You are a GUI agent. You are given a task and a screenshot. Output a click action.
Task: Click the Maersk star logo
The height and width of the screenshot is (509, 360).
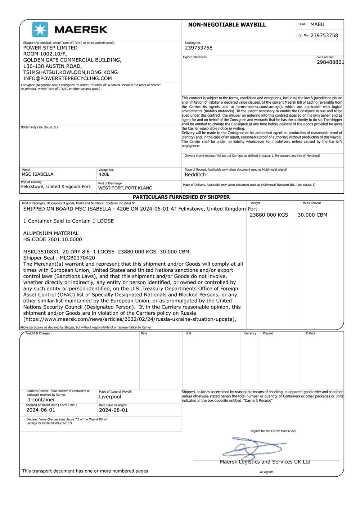tap(40, 30)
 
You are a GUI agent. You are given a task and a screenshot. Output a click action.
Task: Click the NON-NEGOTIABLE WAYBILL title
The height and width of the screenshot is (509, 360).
tap(227, 25)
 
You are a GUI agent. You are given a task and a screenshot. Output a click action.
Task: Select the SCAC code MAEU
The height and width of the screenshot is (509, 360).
tap(317, 24)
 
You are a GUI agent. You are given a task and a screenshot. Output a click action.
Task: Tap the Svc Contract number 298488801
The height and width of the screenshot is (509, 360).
tap(330, 62)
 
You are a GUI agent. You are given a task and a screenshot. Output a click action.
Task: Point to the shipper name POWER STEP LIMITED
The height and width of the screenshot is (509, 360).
tap(50, 48)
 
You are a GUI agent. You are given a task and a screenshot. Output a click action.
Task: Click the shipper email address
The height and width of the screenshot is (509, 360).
tap(67, 78)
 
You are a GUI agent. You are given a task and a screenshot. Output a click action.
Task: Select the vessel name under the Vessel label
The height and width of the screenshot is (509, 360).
tap(37, 174)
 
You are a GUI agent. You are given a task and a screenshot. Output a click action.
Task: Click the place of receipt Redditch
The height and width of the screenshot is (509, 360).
tap(195, 175)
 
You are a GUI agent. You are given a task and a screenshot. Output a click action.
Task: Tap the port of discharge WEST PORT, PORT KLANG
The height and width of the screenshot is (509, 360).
tap(125, 188)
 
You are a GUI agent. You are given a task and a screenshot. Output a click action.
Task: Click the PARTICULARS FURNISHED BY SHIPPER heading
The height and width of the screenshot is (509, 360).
tap(181, 197)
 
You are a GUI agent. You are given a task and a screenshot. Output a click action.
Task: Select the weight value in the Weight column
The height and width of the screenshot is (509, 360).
tap(269, 215)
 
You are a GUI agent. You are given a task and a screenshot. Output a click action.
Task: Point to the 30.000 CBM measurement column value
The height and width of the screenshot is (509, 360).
tap(312, 215)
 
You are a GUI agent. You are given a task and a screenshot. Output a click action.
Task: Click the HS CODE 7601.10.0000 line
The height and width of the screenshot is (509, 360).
tap(53, 239)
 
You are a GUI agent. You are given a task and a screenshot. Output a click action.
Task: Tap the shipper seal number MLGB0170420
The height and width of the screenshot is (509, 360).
tap(77, 258)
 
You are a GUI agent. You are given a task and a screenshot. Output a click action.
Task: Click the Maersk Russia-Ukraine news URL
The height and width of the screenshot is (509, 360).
tap(130, 319)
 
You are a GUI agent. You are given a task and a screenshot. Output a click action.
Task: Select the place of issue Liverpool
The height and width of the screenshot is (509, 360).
tap(110, 397)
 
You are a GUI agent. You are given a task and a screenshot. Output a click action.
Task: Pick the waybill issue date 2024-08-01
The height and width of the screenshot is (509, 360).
tap(113, 410)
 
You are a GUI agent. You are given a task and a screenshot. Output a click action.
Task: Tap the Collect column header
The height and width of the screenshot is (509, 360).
tap(310, 333)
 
